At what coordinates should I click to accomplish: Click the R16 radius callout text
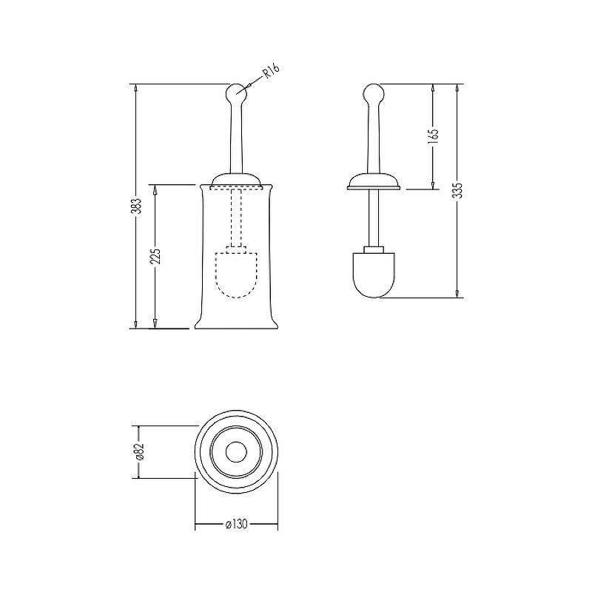(x=271, y=71)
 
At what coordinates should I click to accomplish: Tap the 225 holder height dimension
(x=156, y=256)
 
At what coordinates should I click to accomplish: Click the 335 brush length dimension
(x=457, y=191)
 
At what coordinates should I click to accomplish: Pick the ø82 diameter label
(x=139, y=451)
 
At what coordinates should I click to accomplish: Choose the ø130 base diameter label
(x=236, y=524)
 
